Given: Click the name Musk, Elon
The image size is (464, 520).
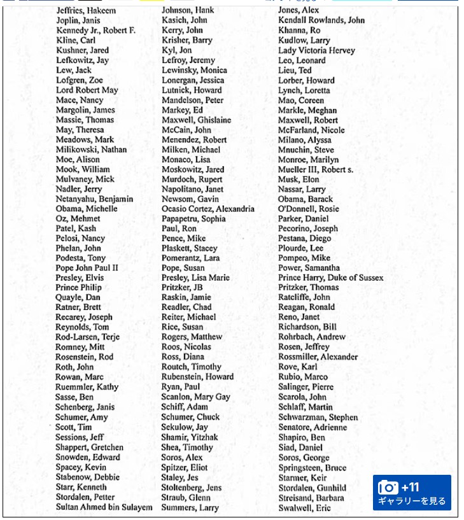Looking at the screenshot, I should click(x=299, y=179).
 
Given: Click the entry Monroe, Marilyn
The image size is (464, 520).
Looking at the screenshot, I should click(x=308, y=160).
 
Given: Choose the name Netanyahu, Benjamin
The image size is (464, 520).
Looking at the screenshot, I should click(x=94, y=199).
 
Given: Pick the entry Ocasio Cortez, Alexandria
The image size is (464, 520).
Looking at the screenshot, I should click(x=207, y=209).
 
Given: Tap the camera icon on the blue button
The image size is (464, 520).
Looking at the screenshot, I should click(x=388, y=488).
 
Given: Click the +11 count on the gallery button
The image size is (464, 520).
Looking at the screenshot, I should click(x=411, y=488).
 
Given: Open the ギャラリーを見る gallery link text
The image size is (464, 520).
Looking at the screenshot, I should click(x=412, y=501).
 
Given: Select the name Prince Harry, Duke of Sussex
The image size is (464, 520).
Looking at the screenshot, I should click(x=330, y=278).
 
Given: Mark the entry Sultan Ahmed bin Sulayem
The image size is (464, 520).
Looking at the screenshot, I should click(x=104, y=507).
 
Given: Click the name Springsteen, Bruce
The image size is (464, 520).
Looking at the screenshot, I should click(x=312, y=468).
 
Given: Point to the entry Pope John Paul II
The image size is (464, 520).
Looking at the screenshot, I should click(x=87, y=268).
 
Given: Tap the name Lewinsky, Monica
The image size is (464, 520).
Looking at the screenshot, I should click(x=194, y=70).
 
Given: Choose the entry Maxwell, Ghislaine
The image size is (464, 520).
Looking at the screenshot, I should click(x=196, y=120).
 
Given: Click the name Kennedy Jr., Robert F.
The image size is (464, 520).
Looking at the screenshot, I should click(x=95, y=31).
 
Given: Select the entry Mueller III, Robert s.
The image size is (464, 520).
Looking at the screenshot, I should click(x=315, y=170).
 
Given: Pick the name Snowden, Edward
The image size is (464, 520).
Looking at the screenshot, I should click(x=87, y=457).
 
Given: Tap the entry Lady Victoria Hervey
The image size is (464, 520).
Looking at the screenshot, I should click(x=316, y=50).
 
